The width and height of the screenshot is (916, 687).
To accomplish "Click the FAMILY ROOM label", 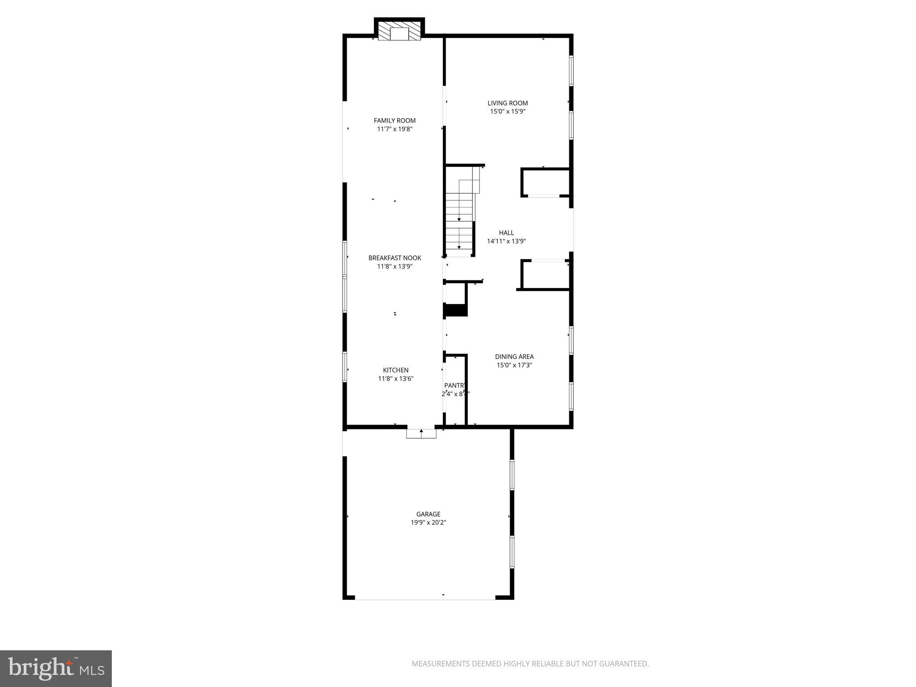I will coord(394,120).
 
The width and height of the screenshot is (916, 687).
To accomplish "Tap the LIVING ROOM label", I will coord(508,103).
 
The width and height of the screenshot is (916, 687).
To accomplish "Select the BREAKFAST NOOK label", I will coord(394,258).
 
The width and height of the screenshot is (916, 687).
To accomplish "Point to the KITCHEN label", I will coord(395,370).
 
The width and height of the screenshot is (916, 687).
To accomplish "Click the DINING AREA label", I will coord(514,356).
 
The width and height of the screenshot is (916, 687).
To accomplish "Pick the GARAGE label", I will coord(428,514).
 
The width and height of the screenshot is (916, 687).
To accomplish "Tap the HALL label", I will coord(506,233).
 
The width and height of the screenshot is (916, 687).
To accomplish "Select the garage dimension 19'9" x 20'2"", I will coord(428,522).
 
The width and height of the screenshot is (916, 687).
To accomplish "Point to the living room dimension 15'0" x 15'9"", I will coord(508,111).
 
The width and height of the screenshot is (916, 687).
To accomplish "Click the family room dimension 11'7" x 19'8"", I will coord(394,129).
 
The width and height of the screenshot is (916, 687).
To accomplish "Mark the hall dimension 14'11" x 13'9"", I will coord(506,241).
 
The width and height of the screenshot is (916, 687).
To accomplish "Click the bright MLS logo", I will coord(55,668).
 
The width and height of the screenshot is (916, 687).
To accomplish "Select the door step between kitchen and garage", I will coord(421,433).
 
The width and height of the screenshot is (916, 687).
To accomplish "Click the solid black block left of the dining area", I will coord(455,310).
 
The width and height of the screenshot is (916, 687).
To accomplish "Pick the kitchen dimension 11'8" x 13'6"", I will coord(395,378).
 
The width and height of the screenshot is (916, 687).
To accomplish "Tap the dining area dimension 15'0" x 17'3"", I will coord(514,365).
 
